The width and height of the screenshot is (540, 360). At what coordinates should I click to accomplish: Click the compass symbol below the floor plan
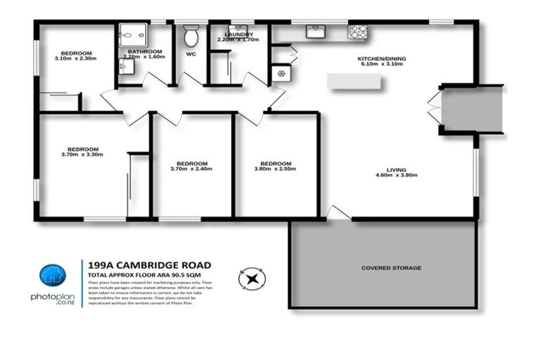(252, 278)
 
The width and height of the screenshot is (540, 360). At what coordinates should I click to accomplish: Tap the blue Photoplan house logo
(52, 276)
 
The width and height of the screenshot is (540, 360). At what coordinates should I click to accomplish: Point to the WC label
(191, 53)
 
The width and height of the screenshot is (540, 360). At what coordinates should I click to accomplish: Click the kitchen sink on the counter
(314, 31)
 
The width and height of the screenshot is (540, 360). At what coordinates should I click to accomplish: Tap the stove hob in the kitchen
(358, 31)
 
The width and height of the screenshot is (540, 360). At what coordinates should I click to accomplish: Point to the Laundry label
(238, 34)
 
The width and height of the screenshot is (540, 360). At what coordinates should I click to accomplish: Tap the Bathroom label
(146, 51)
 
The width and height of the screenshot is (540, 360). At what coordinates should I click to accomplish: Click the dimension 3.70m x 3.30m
(83, 155)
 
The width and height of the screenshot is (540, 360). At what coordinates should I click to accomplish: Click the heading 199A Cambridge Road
(148, 265)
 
